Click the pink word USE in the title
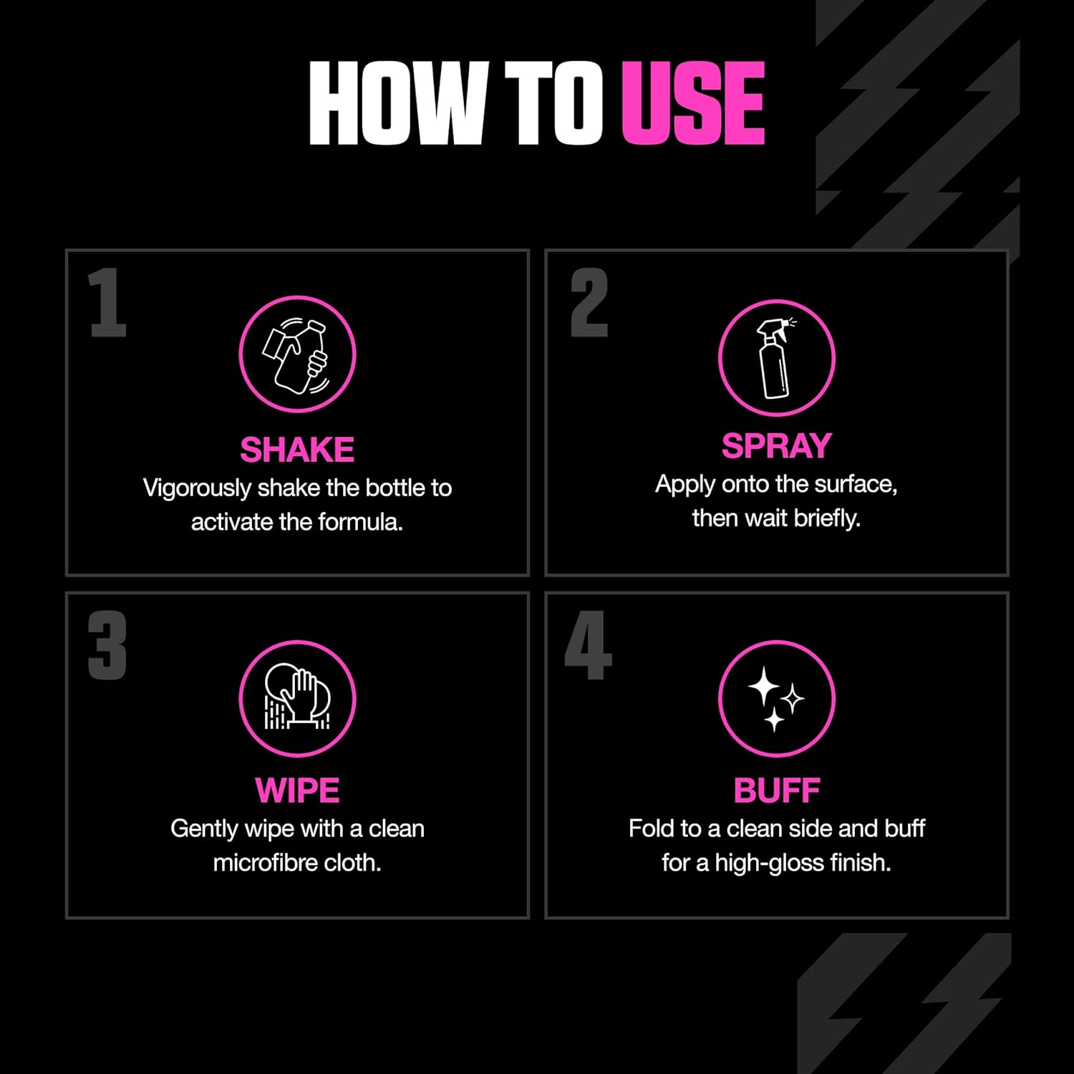[x=693, y=102]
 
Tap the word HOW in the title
[x=400, y=102]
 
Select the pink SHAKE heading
[x=297, y=450]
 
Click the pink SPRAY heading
[x=776, y=445]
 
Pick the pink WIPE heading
[x=297, y=790]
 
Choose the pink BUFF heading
[x=776, y=790]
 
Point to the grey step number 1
[x=107, y=302]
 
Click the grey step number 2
[x=589, y=302]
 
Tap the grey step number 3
[x=107, y=645]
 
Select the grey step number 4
[x=589, y=645]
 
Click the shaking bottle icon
[x=297, y=354]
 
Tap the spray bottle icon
[x=776, y=357]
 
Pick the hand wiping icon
[x=297, y=698]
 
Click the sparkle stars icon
[x=776, y=698]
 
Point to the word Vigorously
[x=197, y=489]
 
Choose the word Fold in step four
[x=652, y=828]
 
